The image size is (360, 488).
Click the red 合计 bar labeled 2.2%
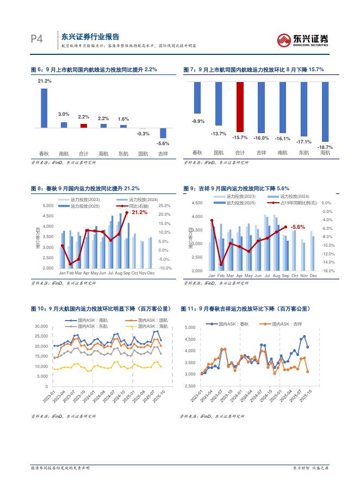click(84, 126)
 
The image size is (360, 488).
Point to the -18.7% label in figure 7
click(325, 147)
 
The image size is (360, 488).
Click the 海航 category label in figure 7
click(325, 153)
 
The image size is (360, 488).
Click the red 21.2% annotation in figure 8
click(140, 212)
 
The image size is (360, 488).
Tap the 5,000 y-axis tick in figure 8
click(48, 206)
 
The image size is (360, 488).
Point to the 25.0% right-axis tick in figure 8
click(165, 206)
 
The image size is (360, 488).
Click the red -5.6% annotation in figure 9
click(297, 227)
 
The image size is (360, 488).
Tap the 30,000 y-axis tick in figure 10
click(41, 326)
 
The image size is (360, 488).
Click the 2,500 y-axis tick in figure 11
click(190, 386)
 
